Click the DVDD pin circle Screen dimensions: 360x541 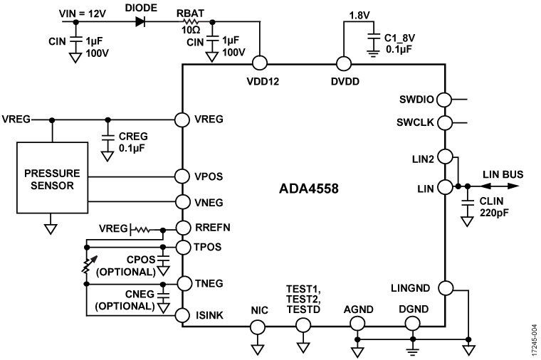(345, 64)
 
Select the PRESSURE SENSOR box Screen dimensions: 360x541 (51, 178)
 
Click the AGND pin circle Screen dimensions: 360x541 (357, 326)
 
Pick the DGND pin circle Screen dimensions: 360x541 (411, 326)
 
